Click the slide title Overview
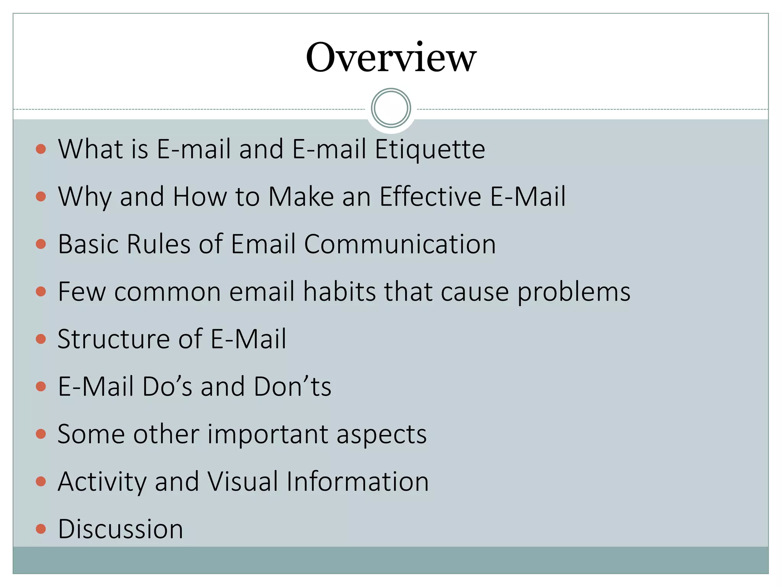tap(391, 57)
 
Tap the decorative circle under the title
tap(391, 108)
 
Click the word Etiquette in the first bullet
tap(430, 149)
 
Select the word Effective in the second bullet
tap(430, 196)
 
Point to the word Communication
tap(400, 244)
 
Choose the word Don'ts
tap(292, 386)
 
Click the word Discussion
tap(120, 529)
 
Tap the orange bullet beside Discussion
tap(41, 529)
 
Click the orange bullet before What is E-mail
tap(41, 149)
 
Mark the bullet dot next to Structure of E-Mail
tap(41, 339)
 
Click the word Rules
tap(158, 244)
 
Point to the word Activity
tap(102, 482)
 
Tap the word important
tap(267, 435)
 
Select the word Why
tap(84, 197)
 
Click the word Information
tap(357, 481)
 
